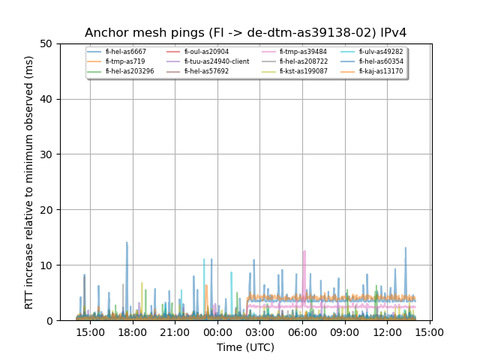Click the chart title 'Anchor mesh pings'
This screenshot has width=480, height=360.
pos(245,33)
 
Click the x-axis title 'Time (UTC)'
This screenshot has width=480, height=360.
pos(245,347)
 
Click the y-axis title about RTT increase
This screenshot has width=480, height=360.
pos(29,182)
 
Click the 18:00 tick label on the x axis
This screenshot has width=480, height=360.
pos(133,331)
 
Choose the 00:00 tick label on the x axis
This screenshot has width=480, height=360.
pos(217,331)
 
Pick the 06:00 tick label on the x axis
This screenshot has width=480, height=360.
pos(302,331)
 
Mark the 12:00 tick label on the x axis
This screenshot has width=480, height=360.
pos(387,331)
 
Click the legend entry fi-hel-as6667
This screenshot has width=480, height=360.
pos(125,52)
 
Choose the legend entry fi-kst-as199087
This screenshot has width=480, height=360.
pos(303,71)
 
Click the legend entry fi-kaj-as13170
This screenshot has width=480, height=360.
pos(380,71)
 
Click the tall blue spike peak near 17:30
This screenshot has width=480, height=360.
pos(127,242)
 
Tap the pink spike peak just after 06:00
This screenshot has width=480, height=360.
pos(304,251)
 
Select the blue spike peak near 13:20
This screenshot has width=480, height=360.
pos(406,247)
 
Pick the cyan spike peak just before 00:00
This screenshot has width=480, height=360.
pos(204,259)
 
